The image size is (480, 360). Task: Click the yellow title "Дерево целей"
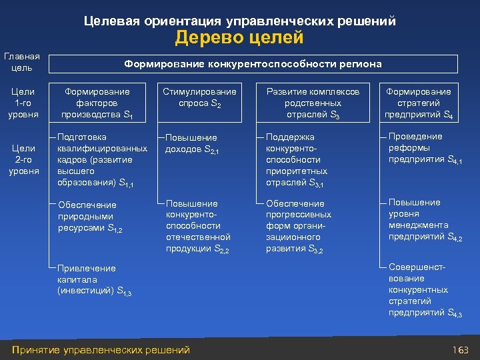[239, 38]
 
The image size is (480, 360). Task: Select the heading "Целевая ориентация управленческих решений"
[240, 21]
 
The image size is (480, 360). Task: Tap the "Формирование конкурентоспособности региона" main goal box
[253, 64]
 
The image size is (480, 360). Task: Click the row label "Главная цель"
[22, 63]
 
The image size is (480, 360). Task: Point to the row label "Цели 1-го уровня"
[24, 103]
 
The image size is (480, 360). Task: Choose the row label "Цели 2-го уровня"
[24, 160]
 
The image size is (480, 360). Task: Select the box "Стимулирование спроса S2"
[199, 97]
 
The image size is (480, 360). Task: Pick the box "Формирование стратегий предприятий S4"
[418, 103]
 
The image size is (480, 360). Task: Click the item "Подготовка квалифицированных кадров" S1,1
[102, 160]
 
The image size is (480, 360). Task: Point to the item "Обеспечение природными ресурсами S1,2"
[90, 217]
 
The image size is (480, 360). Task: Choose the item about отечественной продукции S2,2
[198, 226]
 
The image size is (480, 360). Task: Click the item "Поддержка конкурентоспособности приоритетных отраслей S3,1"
[294, 160]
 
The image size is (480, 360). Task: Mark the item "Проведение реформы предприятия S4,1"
[424, 148]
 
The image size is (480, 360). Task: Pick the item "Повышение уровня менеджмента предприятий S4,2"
[424, 219]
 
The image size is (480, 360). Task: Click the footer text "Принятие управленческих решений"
[101, 350]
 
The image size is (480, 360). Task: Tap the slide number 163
[461, 350]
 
